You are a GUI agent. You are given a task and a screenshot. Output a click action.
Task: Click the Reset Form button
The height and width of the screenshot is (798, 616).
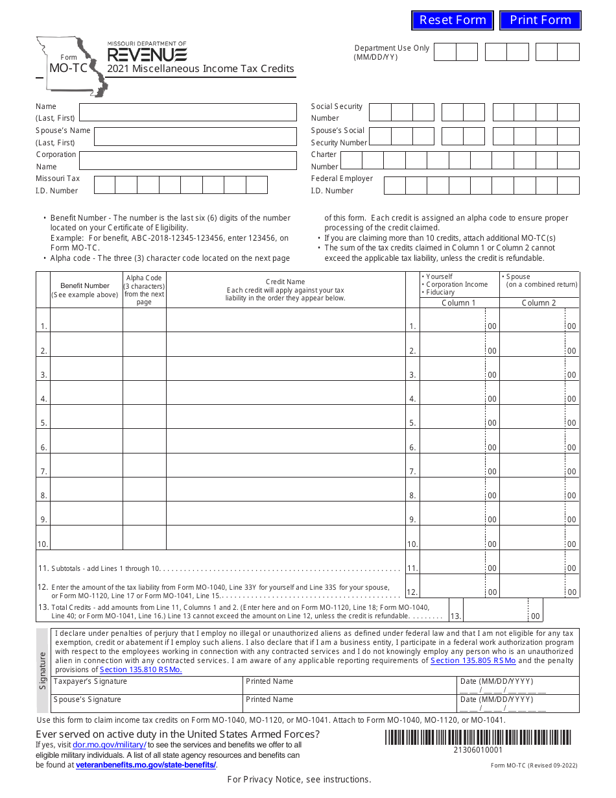pos(453,20)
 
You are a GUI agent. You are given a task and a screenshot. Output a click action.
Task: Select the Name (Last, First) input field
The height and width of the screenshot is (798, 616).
pos(187,112)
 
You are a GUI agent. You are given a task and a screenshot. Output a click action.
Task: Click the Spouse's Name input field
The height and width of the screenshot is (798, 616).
pos(195,136)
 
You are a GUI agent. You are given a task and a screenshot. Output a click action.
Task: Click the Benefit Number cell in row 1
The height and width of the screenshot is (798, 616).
pos(86,320)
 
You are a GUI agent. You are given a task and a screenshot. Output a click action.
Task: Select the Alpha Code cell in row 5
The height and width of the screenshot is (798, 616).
pos(145,417)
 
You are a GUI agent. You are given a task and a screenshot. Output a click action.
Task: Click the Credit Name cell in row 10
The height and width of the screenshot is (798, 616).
pos(286,538)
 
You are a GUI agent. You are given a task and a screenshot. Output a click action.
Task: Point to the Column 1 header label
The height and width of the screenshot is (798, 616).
pos(458,303)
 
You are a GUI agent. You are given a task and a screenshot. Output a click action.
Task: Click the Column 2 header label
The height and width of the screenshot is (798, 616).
pos(539,303)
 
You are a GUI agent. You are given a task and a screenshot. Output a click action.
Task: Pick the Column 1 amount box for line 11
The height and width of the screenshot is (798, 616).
pos(452,562)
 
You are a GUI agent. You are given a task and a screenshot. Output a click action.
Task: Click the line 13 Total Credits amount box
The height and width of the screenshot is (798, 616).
pos(495,611)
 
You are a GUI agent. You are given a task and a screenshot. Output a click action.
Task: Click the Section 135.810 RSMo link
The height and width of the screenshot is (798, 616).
pos(141,670)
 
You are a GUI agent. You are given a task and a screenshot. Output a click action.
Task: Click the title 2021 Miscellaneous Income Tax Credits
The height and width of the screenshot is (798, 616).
pos(200,69)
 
